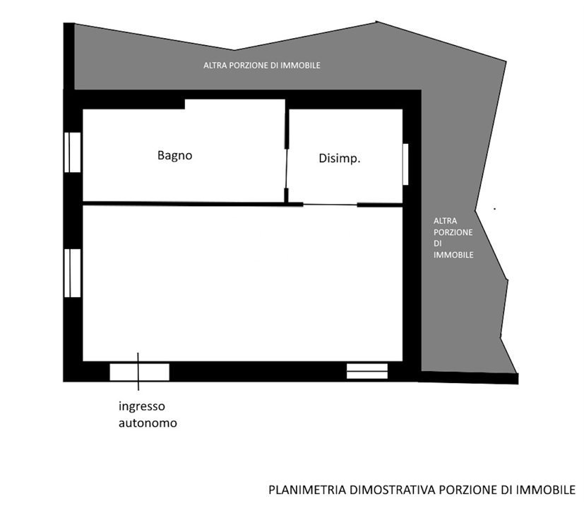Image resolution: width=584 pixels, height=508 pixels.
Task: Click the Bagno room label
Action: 174,155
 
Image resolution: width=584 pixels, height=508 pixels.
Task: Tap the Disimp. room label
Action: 340,159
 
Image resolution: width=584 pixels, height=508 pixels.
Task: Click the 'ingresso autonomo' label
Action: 148,415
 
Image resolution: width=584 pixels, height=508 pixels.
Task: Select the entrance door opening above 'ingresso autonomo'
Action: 139,371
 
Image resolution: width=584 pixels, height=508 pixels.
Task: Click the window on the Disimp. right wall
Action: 406,164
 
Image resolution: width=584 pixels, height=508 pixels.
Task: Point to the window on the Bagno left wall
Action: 73,152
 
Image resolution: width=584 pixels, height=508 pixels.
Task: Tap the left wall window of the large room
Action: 73,273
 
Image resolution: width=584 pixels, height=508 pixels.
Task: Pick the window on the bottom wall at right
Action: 367,371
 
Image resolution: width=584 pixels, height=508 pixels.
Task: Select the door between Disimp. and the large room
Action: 330,205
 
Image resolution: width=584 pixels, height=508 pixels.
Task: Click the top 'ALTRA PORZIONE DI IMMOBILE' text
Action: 262,66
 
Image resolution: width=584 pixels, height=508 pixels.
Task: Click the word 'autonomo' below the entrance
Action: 148,424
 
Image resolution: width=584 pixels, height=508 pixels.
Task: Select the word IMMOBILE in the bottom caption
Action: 548,489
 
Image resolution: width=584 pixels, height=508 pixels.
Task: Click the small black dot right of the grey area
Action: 494,209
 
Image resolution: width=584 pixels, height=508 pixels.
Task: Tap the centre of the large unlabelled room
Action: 242,282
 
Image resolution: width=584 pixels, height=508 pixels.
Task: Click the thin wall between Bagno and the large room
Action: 184,204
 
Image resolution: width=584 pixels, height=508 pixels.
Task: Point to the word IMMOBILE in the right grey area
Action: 453,255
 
